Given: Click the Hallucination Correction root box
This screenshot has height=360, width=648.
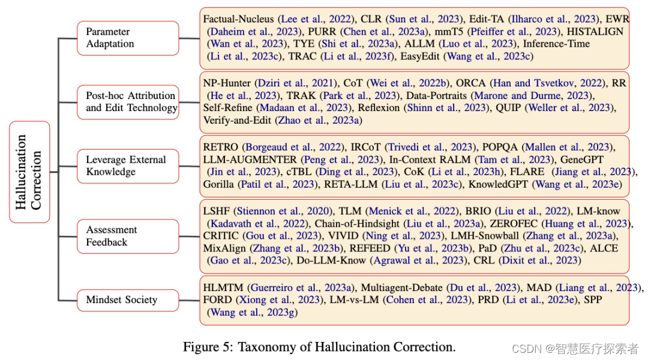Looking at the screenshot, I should point(29,172).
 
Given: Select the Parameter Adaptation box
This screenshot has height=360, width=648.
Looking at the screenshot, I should point(128,38).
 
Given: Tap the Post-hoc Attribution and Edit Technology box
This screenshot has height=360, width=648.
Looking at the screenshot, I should point(128,102).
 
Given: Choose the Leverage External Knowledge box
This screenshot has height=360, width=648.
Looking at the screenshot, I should point(128,166).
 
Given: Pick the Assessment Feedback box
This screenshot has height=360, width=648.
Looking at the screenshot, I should point(128,236).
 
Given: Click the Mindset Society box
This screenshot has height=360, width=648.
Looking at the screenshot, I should point(128,300).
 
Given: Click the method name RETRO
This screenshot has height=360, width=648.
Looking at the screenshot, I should point(221,147).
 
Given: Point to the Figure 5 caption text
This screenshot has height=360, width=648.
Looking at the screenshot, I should point(319,347).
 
